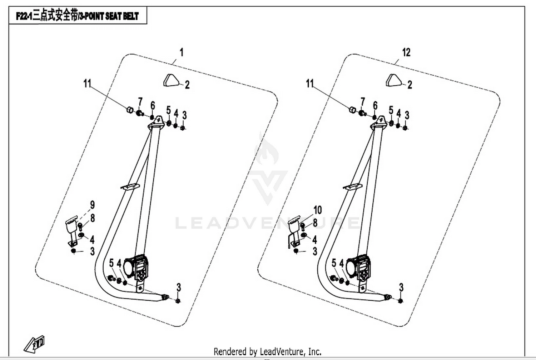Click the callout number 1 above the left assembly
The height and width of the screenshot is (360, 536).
pyautogui.click(x=182, y=52)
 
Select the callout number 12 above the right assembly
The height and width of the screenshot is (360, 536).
pyautogui.click(x=406, y=52)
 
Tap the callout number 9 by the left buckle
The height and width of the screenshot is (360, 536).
pyautogui.click(x=93, y=205)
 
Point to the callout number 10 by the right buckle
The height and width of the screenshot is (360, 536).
pyautogui.click(x=317, y=210)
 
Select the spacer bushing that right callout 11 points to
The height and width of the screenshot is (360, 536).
pyautogui.click(x=353, y=109)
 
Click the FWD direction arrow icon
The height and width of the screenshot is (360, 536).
pyautogui.click(x=35, y=344)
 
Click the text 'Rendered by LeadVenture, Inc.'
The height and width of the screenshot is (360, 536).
pyautogui.click(x=267, y=352)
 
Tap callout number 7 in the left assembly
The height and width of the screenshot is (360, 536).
pyautogui.click(x=140, y=102)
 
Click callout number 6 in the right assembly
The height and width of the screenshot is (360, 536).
pyautogui.click(x=375, y=105)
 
